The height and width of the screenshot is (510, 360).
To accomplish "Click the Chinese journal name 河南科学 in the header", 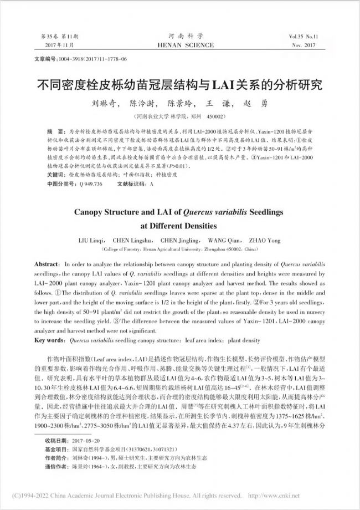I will click(x=180, y=34).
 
